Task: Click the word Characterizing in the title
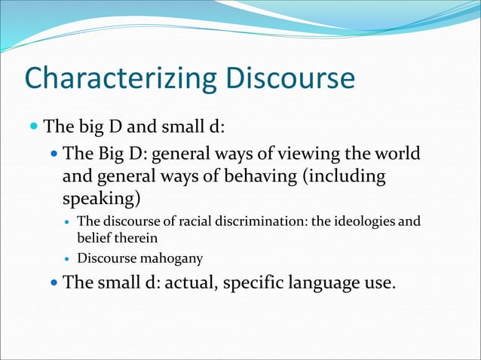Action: coord(118,79)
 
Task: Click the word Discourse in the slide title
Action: coord(288,79)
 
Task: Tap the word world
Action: coord(397,155)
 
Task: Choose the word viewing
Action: coord(304,155)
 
